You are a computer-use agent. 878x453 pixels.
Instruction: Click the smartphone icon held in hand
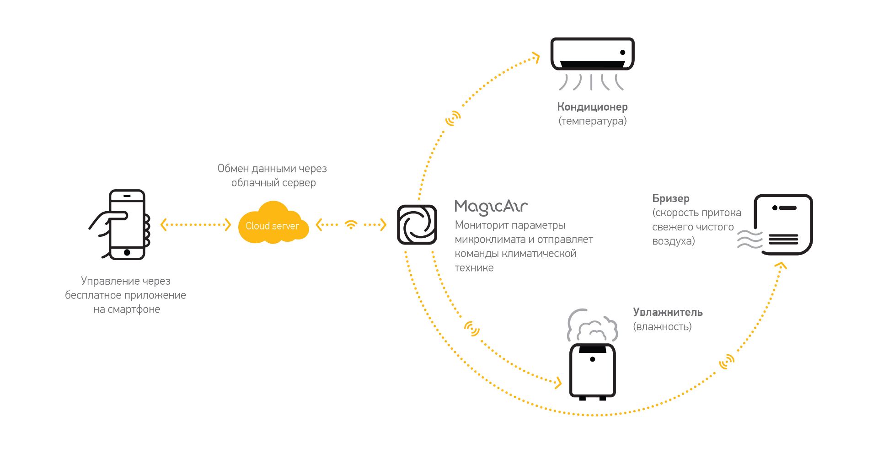click(x=126, y=224)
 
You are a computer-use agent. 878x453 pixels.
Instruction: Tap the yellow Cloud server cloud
click(x=273, y=224)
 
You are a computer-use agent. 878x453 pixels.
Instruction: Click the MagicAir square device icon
click(x=417, y=224)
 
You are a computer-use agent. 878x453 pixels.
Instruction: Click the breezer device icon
click(x=783, y=224)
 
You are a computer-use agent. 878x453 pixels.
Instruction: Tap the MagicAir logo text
click(x=491, y=207)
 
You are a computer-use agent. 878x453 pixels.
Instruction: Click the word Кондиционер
click(x=592, y=107)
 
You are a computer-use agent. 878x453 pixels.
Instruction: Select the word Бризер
click(x=670, y=198)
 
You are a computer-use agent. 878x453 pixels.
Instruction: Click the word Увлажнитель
click(x=668, y=312)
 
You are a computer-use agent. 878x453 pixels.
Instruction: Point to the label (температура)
click(x=592, y=121)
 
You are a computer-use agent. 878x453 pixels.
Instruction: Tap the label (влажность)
click(x=662, y=326)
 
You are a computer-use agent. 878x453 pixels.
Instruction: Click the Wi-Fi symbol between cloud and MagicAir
click(x=351, y=224)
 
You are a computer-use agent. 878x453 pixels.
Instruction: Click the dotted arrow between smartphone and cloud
click(x=196, y=224)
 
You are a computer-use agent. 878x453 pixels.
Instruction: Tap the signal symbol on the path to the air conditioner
click(x=453, y=118)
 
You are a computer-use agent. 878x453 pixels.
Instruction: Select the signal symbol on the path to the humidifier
click(x=471, y=328)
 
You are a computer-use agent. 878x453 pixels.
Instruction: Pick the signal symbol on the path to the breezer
click(x=726, y=362)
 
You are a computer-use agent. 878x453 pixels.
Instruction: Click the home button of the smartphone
click(x=127, y=252)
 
